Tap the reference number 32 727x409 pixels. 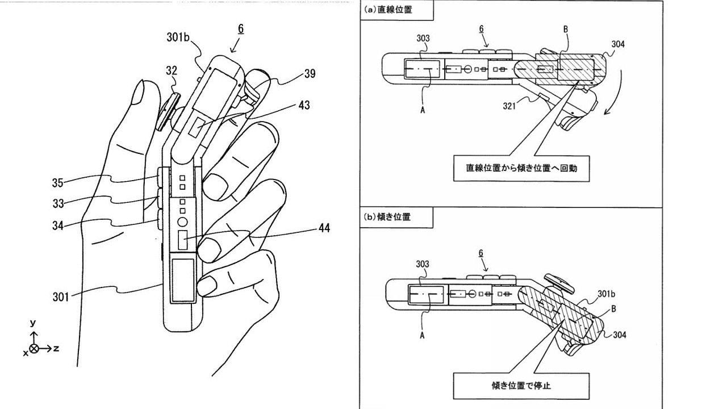[x=172, y=71]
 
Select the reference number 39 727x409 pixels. [x=310, y=74]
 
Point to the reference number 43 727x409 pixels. [x=304, y=105]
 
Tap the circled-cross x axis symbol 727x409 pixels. [x=34, y=349]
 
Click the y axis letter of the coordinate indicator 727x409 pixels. [x=34, y=323]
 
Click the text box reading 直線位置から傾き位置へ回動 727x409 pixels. [x=521, y=169]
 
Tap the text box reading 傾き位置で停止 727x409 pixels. [x=521, y=385]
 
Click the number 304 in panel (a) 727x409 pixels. [x=619, y=44]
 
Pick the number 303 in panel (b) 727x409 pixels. [x=422, y=264]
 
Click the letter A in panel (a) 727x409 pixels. [x=423, y=110]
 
